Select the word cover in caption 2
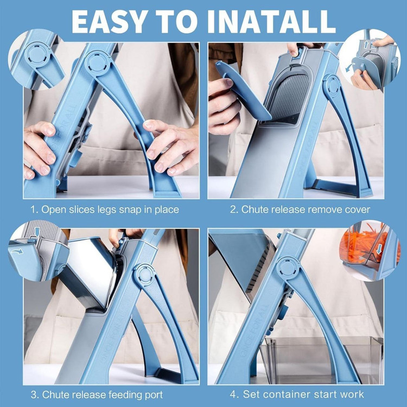[x=357, y=209]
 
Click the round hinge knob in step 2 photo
[x=332, y=85]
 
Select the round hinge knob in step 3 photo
[x=145, y=275]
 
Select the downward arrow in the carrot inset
[x=379, y=249]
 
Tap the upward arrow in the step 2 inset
[x=366, y=44]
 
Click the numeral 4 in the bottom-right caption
[x=233, y=395]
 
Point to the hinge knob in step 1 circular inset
[x=36, y=55]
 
